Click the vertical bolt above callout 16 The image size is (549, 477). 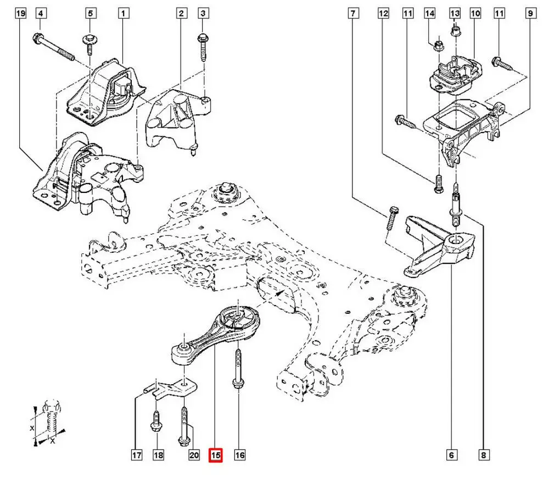click(237, 368)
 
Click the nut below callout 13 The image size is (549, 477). click(455, 32)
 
